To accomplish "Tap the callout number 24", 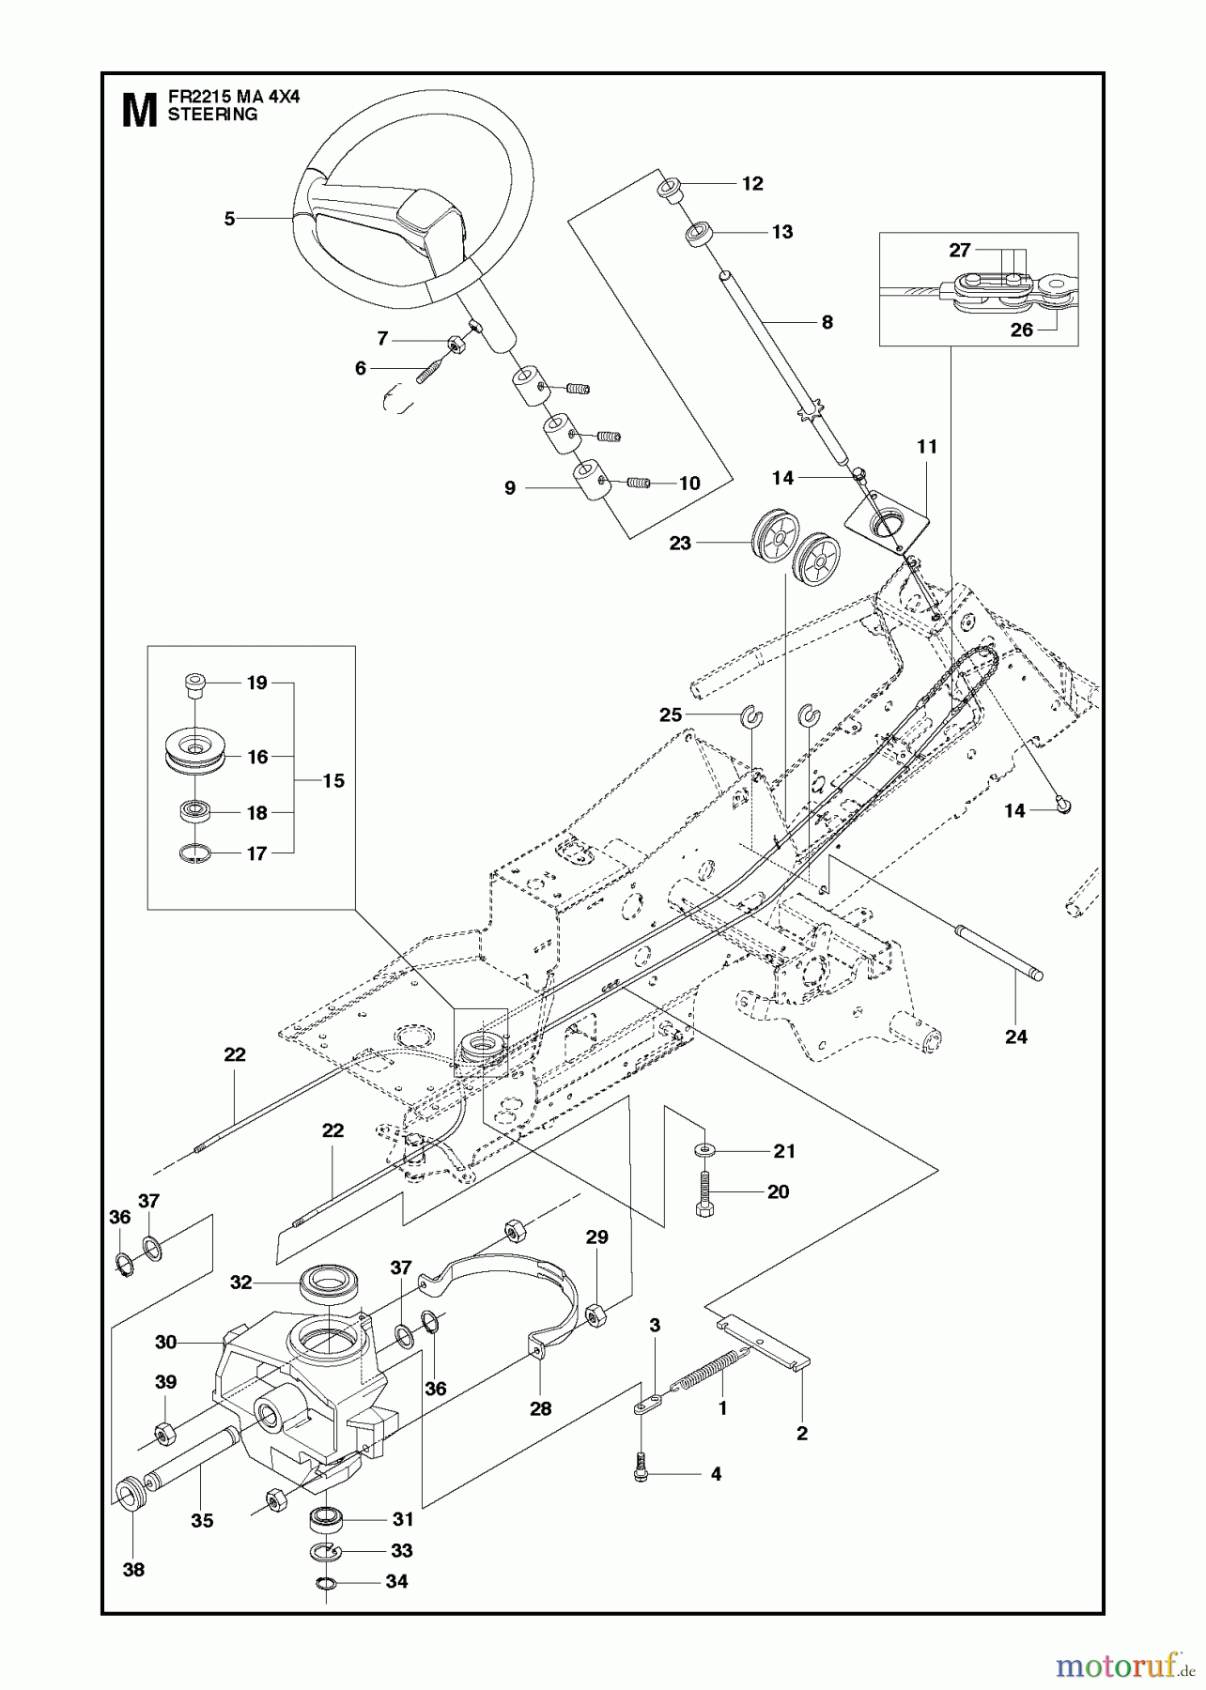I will point(1016,1037).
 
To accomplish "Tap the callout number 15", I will point(332,780).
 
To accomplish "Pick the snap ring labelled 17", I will point(195,853).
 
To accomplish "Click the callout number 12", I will point(752,184).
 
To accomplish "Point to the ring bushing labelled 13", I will point(697,233).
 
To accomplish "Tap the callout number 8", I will point(827,322).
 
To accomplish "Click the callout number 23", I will point(680,543).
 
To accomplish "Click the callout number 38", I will point(133,1569).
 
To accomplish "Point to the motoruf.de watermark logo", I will point(1117,1659).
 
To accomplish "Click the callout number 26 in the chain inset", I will point(1021,330).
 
